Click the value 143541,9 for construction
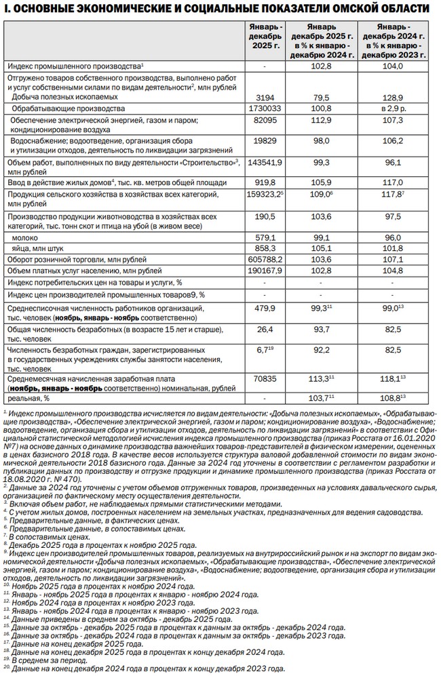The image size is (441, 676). pyautogui.click(x=264, y=163)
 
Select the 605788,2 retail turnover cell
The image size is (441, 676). pyautogui.click(x=264, y=260)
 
